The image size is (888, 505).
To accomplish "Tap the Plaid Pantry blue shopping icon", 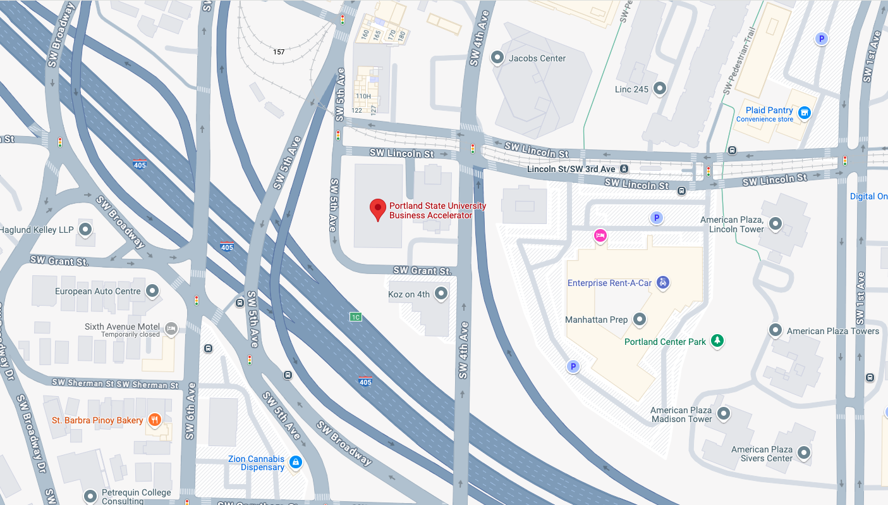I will (804, 113).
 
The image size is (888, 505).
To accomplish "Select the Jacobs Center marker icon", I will (497, 58).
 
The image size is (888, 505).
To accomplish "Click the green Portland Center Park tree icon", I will (717, 341).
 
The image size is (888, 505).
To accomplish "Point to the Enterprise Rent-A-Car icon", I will (662, 283).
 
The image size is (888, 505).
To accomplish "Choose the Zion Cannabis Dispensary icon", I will (295, 463).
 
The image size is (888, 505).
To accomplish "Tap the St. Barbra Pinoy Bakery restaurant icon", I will (154, 420).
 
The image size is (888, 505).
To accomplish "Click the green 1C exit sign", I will (356, 316).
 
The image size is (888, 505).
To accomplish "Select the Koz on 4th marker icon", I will (441, 294).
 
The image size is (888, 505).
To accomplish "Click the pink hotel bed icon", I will (600, 236).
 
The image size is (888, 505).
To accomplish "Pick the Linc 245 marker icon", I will (660, 89).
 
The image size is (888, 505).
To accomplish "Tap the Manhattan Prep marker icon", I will (640, 320).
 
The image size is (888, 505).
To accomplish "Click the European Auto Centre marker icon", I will (152, 291).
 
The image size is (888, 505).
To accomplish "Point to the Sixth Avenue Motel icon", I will (171, 328).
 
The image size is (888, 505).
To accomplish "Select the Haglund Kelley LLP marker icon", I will (85, 229).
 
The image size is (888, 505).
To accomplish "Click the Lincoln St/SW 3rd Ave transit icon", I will (624, 169).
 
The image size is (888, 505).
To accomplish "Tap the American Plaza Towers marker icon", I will (775, 330).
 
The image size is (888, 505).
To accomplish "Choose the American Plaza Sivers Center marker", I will (804, 453).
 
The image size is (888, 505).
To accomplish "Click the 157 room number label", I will (279, 52).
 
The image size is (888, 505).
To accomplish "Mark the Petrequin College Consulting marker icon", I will (90, 496).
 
